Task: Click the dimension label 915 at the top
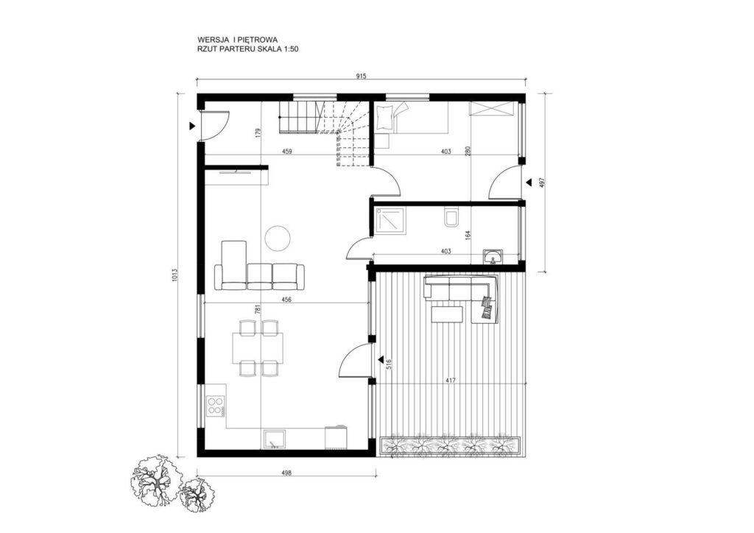(361, 75)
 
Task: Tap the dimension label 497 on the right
(542, 183)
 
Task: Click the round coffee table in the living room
(277, 236)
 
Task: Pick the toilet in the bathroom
(451, 219)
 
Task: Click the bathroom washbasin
(492, 257)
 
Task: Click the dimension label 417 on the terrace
(449, 381)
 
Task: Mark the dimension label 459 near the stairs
(287, 152)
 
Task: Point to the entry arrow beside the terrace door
(381, 359)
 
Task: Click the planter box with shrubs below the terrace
(451, 445)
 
